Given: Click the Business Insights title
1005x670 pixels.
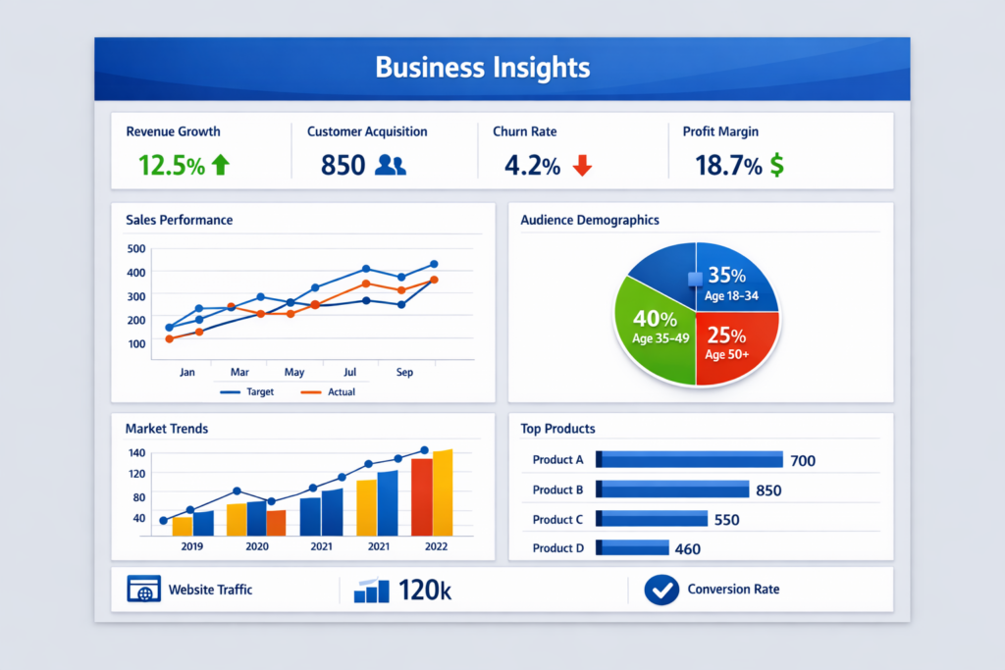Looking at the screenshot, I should tap(482, 68).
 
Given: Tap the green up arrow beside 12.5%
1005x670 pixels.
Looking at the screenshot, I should tap(220, 166).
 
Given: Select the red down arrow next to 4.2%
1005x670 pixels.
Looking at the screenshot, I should tap(582, 166).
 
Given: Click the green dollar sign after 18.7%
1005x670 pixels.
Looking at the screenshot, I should tap(776, 166).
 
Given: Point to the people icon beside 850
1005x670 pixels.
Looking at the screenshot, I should tap(390, 166).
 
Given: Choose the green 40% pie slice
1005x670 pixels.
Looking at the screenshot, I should tap(652, 328).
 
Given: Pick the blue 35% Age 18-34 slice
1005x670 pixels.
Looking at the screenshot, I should tap(731, 280).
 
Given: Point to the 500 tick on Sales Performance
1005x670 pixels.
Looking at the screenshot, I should tap(135, 248).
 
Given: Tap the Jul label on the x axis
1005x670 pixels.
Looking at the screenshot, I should tap(349, 373).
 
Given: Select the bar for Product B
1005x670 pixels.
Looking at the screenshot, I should tap(672, 490).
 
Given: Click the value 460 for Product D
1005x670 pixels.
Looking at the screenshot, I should tap(688, 549).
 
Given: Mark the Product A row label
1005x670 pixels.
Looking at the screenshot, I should tap(557, 460).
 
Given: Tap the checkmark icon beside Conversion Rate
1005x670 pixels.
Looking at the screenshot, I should tap(661, 590).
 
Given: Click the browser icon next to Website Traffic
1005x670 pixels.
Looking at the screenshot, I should tap(143, 590).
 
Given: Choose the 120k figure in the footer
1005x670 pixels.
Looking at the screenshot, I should tap(425, 591).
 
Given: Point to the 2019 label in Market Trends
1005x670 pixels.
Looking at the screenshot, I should tap(192, 546).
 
